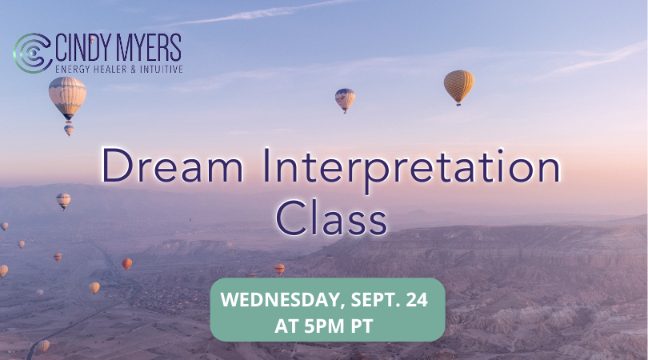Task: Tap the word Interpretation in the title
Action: pyautogui.click(x=412, y=170)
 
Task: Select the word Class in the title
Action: pyautogui.click(x=331, y=218)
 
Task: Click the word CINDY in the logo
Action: pyautogui.click(x=84, y=48)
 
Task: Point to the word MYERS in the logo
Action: pyautogui.click(x=149, y=48)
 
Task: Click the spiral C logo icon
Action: pyautogui.click(x=32, y=53)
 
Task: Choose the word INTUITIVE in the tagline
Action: pyautogui.click(x=161, y=69)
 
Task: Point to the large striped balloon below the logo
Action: pyautogui.click(x=67, y=98)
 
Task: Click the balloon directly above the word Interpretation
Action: pyautogui.click(x=345, y=100)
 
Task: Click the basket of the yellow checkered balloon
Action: pyautogui.click(x=458, y=105)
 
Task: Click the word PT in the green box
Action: pyautogui.click(x=362, y=326)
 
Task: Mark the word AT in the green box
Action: pyautogui.click(x=287, y=326)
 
